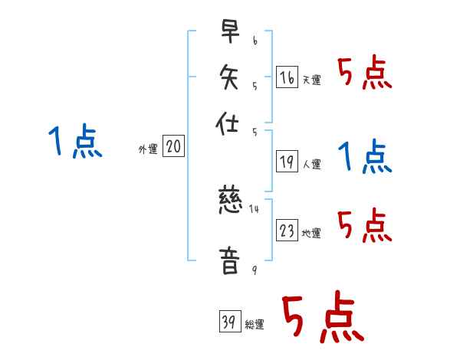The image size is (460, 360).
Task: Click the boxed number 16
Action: click(286, 77)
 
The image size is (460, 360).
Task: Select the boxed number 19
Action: click(286, 162)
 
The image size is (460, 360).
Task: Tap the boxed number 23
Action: click(286, 231)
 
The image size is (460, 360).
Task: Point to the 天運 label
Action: click(311, 80)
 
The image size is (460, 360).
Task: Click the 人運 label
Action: click(311, 164)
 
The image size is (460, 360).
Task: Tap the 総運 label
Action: click(255, 325)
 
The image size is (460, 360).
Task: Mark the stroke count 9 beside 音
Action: click(254, 270)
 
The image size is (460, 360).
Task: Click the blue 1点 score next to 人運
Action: click(364, 157)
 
